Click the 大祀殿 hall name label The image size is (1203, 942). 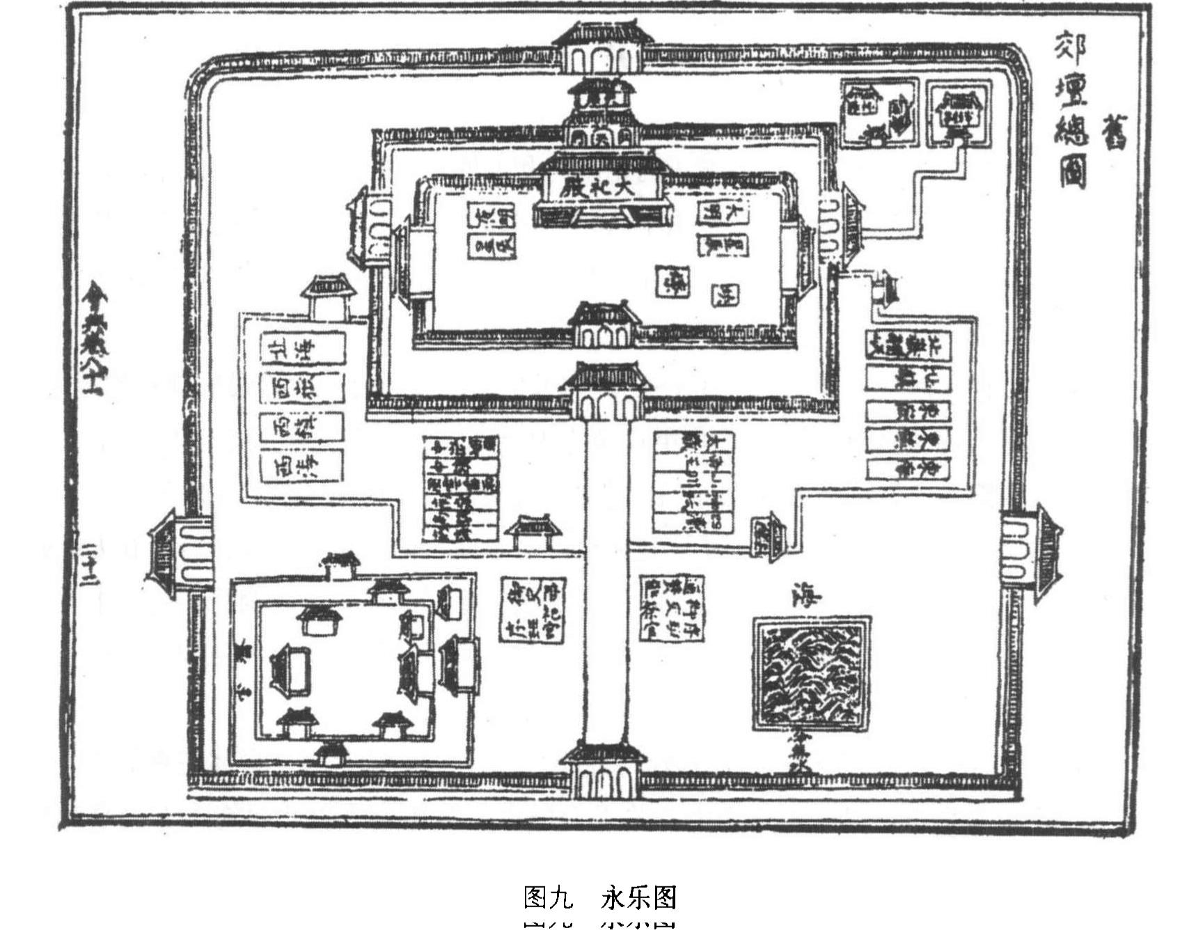coord(600,187)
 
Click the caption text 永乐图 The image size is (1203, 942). coord(638,897)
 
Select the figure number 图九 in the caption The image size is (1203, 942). coord(548,897)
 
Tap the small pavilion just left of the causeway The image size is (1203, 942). coord(533,533)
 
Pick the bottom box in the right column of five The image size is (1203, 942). coord(909,469)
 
